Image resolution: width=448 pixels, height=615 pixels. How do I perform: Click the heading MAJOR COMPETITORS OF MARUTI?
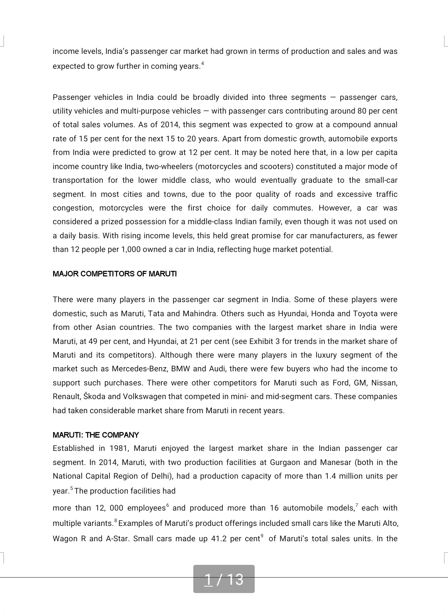tap(114, 274)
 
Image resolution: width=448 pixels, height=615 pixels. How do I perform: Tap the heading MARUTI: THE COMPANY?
tap(96, 435)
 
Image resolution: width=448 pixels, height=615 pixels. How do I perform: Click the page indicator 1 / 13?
tap(224, 579)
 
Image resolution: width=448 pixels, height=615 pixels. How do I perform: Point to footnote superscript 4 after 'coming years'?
tap(202, 63)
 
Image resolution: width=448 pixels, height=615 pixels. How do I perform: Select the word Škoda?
tap(95, 397)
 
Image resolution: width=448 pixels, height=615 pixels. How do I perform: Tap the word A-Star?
tap(117, 539)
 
